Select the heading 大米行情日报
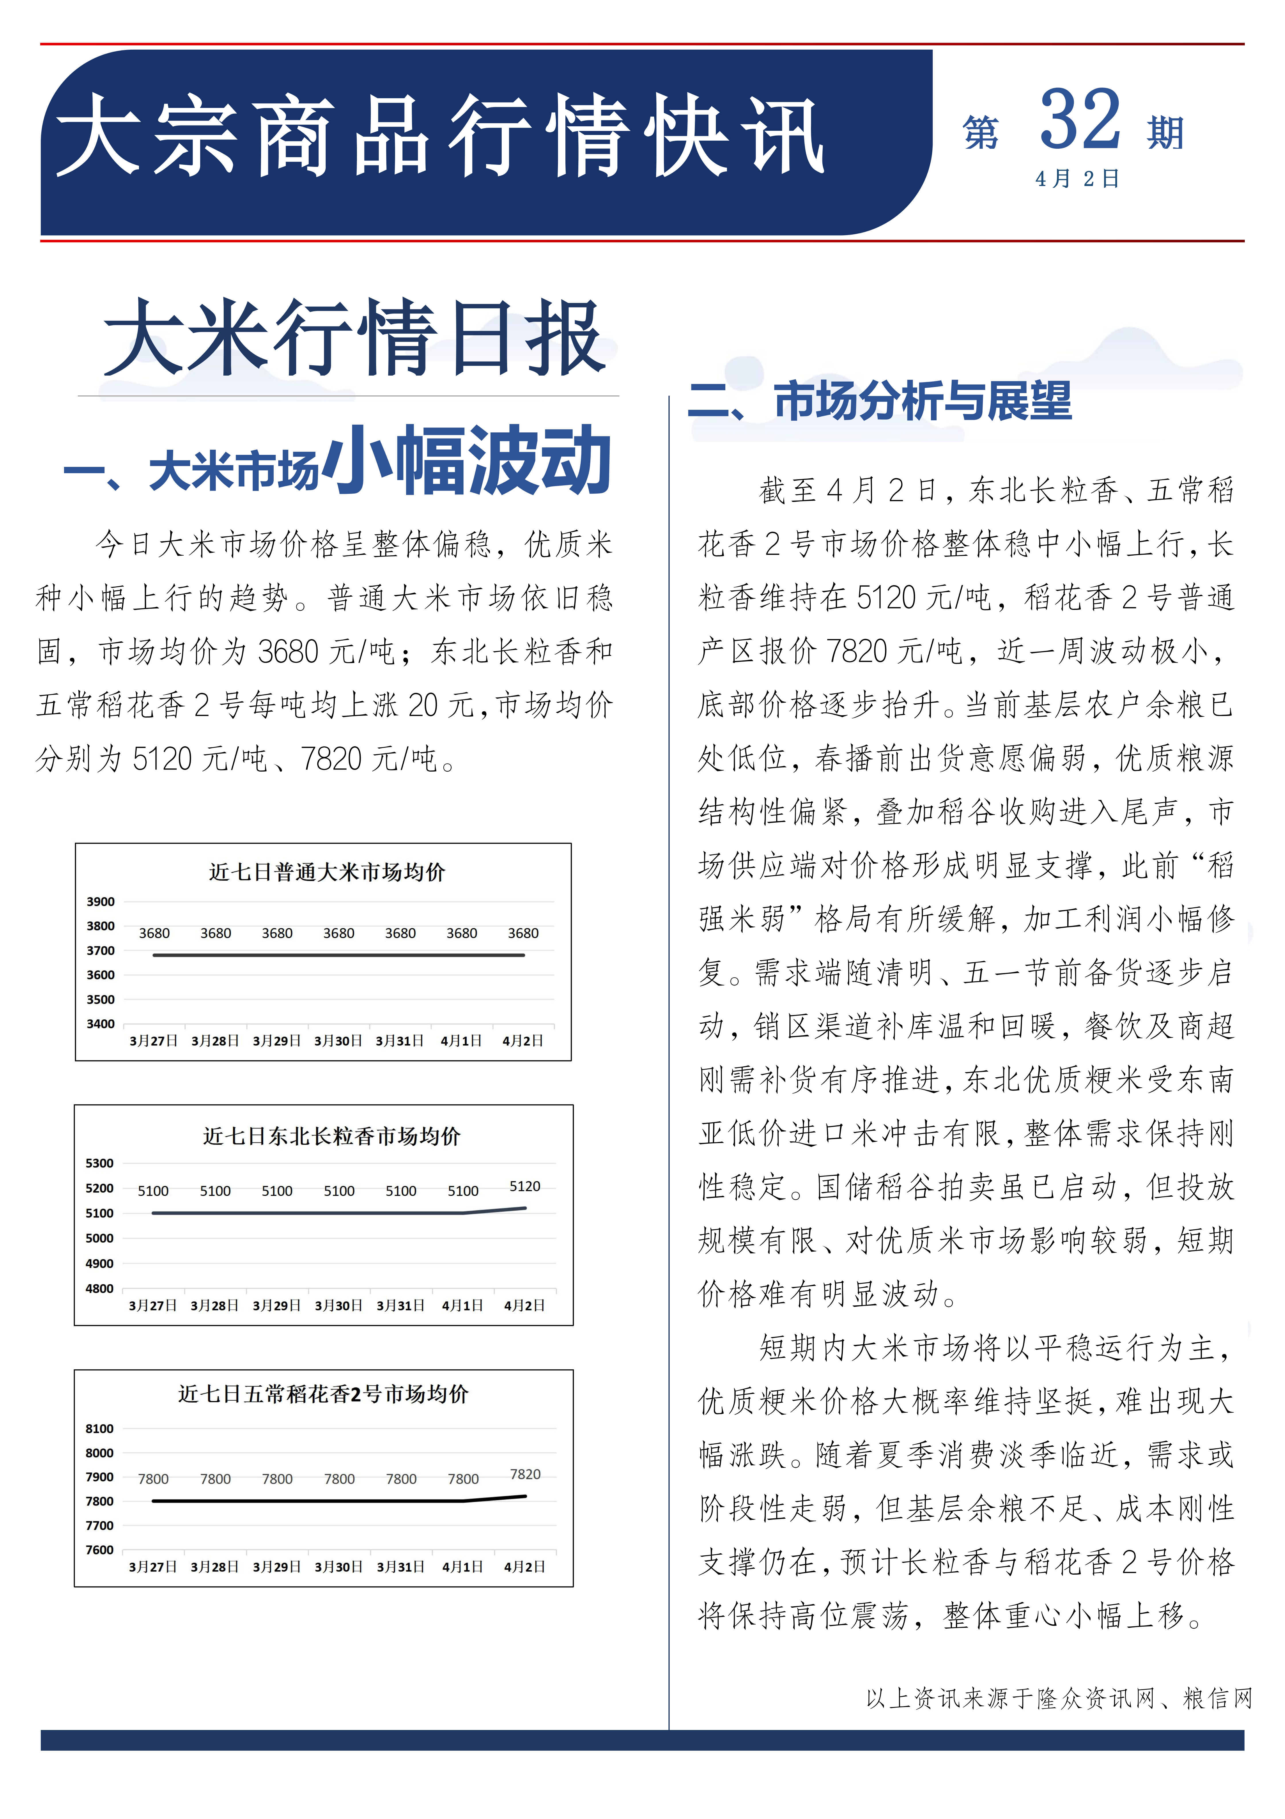click(x=354, y=338)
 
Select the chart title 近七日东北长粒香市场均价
click(x=331, y=1136)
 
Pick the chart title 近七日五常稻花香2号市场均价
click(x=323, y=1394)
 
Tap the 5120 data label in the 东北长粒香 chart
click(x=524, y=1186)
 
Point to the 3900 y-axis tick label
click(x=101, y=902)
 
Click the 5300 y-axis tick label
click(x=100, y=1163)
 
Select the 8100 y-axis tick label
click(x=100, y=1428)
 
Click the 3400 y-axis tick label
click(x=101, y=1024)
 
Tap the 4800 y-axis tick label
click(x=100, y=1288)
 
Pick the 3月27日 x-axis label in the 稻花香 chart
click(x=153, y=1566)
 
